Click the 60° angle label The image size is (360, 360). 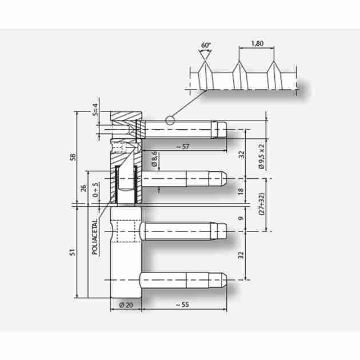[206, 45]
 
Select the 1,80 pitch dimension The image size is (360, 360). [257, 43]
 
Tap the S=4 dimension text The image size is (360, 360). [95, 110]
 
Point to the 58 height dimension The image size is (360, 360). [73, 157]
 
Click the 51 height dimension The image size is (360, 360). [73, 252]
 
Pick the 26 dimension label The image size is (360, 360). [83, 188]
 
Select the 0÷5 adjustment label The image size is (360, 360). [95, 190]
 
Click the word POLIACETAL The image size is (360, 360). [95, 237]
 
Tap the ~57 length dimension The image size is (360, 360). [183, 146]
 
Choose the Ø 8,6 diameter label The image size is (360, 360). [154, 159]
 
